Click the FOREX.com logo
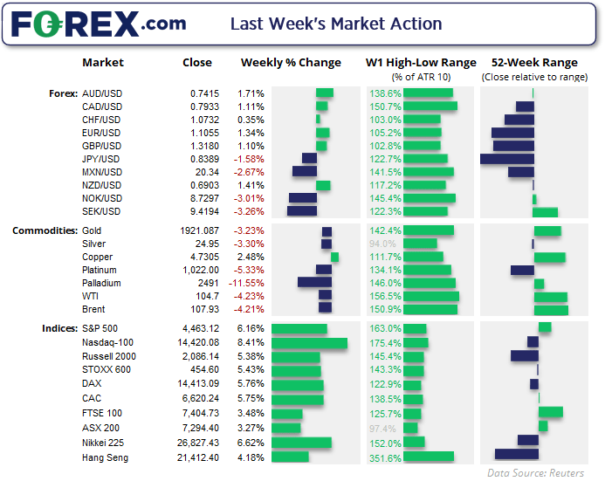98,24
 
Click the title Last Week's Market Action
336,24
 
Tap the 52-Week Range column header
534,63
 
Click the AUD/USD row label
101,93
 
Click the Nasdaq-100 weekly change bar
309,344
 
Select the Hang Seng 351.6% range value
386,457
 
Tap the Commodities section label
44,231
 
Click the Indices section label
58,328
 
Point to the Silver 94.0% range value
383,244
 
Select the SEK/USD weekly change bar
302,211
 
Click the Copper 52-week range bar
550,258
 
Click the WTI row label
92,296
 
